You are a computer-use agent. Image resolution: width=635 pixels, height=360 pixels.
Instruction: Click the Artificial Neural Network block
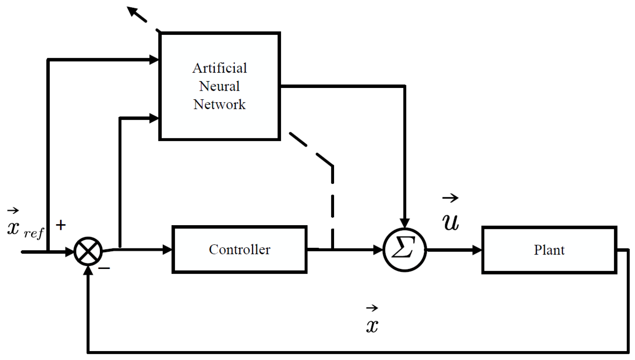(x=220, y=86)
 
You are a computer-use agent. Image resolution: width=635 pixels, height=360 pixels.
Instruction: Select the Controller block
(x=239, y=249)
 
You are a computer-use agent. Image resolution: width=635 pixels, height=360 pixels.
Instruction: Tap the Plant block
(x=549, y=250)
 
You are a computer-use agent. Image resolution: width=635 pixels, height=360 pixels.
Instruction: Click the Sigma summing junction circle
(x=405, y=250)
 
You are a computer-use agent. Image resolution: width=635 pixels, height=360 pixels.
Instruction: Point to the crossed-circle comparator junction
(x=88, y=251)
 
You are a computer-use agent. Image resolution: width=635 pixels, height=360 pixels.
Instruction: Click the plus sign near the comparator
(x=61, y=225)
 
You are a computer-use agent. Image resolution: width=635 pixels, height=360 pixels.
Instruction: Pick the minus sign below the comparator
(x=104, y=268)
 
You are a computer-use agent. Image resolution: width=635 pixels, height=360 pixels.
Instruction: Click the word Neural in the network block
(x=219, y=86)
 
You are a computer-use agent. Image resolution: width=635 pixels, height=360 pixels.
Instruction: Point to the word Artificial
(x=220, y=68)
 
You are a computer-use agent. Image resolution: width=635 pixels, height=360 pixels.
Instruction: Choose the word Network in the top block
(x=219, y=104)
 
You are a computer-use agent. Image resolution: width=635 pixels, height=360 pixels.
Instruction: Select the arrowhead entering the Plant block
(x=477, y=250)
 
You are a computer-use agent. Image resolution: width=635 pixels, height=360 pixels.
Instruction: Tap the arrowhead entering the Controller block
(x=167, y=249)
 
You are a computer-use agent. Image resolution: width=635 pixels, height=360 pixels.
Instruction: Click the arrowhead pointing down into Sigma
(x=405, y=223)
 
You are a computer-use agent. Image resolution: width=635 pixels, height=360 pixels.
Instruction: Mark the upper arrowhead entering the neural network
(x=154, y=60)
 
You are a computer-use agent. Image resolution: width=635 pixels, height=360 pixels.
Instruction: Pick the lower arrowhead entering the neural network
(x=154, y=118)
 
